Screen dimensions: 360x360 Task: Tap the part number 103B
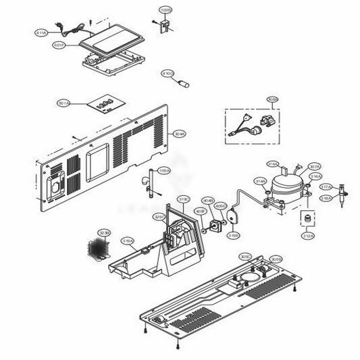tap(165, 11)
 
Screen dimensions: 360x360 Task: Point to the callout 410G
tap(167, 74)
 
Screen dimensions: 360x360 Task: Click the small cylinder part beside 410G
tap(183, 84)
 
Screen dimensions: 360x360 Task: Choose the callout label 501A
tap(65, 103)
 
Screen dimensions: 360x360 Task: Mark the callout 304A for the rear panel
tap(180, 134)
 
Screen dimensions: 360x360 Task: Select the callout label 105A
tap(164, 172)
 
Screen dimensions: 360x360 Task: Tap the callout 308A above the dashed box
tap(272, 100)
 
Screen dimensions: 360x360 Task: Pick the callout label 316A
tap(273, 163)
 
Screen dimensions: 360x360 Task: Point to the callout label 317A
tap(325, 187)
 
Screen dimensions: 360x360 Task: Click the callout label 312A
tap(307, 237)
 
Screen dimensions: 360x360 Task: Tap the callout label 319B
tap(234, 236)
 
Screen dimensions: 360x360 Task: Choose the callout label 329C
tap(159, 217)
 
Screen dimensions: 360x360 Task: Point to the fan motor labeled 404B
tap(218, 224)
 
